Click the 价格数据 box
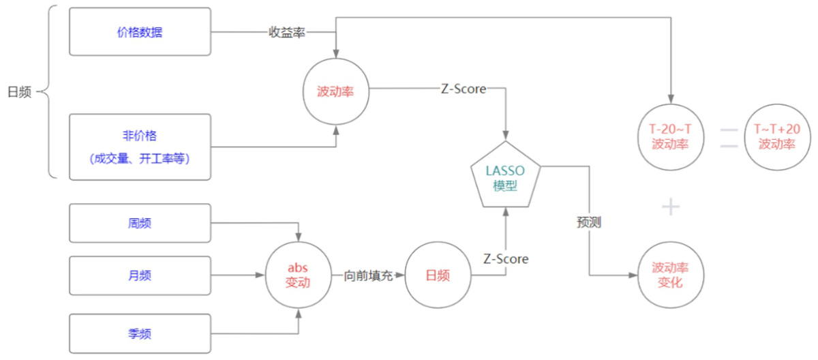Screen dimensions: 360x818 pos(140,32)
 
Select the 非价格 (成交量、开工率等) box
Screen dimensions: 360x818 pos(140,147)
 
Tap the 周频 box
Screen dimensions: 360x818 pos(140,222)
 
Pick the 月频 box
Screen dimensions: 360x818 pos(140,275)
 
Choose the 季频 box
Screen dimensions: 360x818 pos(140,333)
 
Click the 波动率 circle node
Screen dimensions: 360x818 pos(335,91)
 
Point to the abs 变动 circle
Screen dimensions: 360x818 pos(299,275)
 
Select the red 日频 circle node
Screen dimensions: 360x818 pos(438,275)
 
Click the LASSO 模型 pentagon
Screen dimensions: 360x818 pos(506,177)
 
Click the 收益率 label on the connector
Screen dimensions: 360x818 pos(287,32)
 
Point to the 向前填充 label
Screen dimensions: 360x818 pos(368,275)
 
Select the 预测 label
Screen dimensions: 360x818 pos(589,222)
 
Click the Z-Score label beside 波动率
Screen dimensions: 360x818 pos(464,89)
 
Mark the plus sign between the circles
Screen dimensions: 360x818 pos(671,207)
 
